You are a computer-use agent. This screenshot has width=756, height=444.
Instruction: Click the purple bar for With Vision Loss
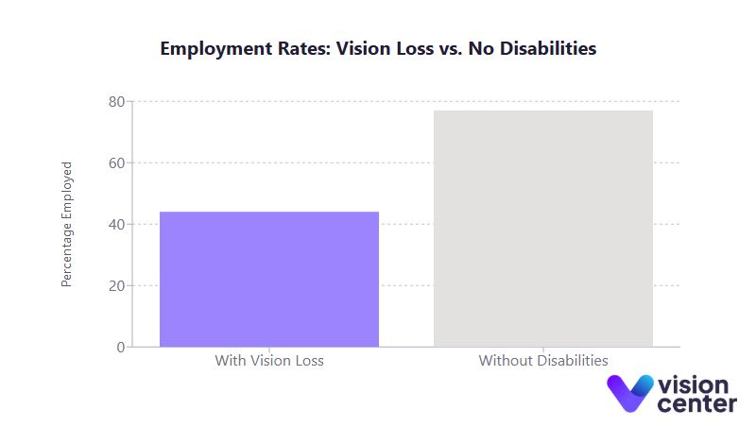(x=269, y=279)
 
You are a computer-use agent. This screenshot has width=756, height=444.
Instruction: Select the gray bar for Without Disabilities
(x=543, y=229)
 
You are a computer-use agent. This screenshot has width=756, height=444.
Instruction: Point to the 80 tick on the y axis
(x=116, y=102)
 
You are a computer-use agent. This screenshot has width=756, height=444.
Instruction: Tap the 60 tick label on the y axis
(x=116, y=163)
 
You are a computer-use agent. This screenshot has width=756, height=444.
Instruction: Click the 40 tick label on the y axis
(x=116, y=225)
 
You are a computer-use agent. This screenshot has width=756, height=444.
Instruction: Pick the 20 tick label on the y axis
(x=116, y=286)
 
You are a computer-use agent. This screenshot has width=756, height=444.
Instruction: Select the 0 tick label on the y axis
(x=121, y=348)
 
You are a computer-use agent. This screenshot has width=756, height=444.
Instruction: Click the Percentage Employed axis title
(x=67, y=224)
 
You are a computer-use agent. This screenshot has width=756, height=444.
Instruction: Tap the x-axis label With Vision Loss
(x=269, y=361)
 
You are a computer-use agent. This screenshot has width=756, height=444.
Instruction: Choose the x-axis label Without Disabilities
(x=543, y=361)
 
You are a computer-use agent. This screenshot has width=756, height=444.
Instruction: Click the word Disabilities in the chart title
(x=550, y=49)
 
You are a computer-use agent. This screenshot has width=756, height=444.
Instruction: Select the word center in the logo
(x=697, y=404)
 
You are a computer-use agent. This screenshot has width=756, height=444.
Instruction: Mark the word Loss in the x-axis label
(x=307, y=361)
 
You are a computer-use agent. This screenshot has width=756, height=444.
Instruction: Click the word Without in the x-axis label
(x=506, y=361)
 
